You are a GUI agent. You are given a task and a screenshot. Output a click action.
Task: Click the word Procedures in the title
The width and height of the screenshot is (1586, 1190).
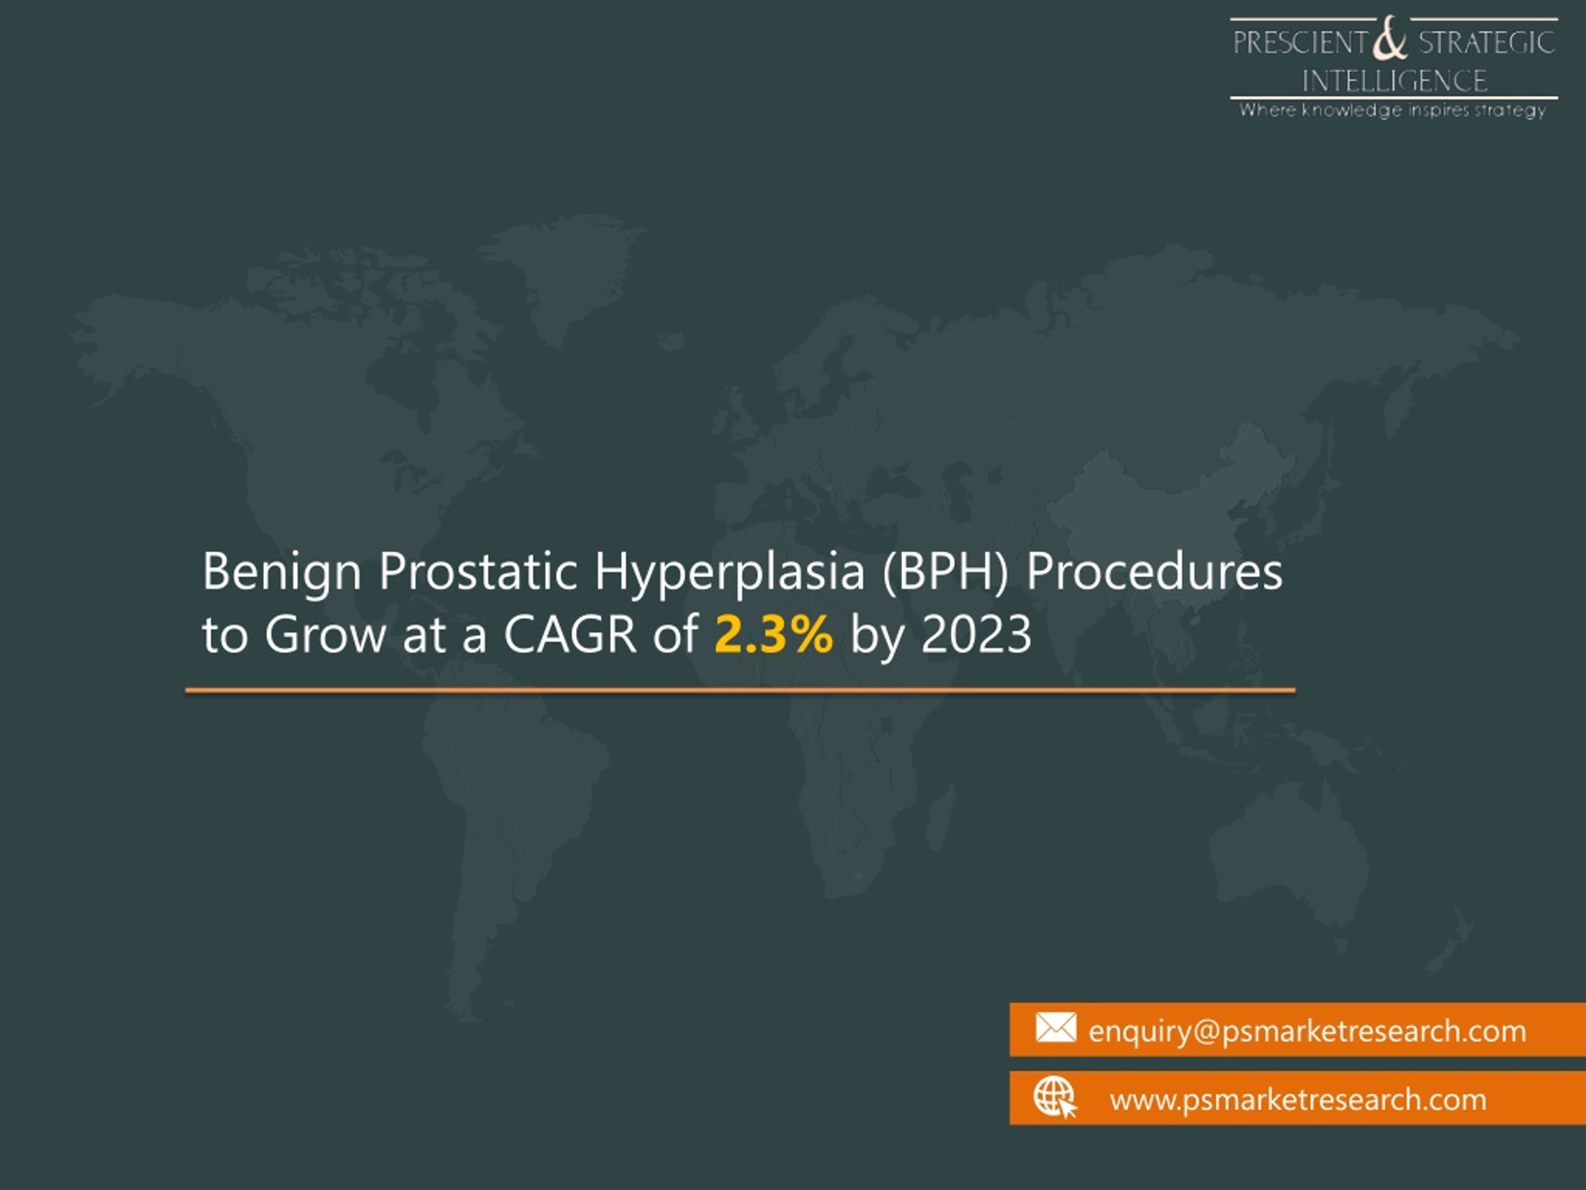pos(1154,571)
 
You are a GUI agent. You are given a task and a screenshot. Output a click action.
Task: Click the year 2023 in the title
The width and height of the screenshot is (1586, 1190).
pos(976,635)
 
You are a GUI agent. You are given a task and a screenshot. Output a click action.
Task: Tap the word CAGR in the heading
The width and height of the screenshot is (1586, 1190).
pos(570,635)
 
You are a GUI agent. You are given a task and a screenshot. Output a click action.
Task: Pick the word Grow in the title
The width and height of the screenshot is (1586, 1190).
pos(325,635)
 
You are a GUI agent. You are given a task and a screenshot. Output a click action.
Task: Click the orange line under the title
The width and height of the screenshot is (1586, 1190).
pos(740,690)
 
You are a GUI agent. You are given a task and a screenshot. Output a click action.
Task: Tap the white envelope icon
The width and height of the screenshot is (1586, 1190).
pos(1056,1027)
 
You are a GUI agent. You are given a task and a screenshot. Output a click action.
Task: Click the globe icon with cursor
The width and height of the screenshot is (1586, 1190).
pos(1054,1098)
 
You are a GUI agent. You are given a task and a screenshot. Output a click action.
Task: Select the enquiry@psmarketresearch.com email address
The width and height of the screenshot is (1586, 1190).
pos(1307,1031)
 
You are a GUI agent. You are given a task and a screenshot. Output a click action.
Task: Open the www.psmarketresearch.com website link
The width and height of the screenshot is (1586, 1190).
pos(1298,1100)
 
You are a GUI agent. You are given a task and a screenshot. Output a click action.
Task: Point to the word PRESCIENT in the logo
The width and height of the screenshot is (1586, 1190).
pos(1300,43)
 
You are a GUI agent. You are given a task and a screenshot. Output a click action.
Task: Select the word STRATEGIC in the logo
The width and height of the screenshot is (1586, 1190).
pos(1486,43)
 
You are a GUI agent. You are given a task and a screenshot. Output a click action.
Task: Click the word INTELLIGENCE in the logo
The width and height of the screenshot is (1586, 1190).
pos(1394,81)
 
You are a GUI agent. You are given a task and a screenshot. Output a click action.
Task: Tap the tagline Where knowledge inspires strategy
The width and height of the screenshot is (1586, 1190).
pos(1393,110)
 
